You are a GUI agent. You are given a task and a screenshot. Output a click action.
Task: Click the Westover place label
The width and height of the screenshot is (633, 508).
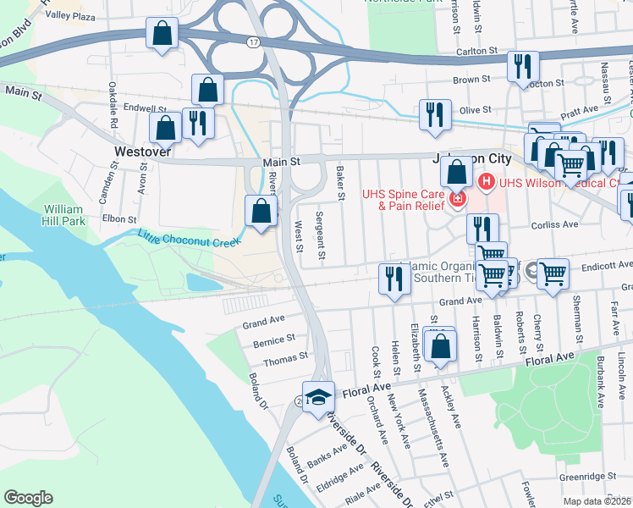[x=142, y=152]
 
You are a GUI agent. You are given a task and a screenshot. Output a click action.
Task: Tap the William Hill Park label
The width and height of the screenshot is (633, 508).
[x=64, y=214]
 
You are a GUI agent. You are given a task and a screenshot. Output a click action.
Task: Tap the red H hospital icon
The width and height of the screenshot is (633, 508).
[x=487, y=181]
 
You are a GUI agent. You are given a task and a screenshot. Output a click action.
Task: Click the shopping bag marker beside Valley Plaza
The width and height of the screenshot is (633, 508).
[x=162, y=35]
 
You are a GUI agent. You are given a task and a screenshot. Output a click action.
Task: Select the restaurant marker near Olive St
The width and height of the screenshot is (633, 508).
[x=436, y=114]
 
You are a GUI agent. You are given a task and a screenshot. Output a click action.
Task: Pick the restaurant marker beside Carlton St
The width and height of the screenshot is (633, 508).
[x=523, y=67]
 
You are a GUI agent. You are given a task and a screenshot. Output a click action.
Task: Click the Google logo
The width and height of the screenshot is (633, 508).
[x=28, y=498]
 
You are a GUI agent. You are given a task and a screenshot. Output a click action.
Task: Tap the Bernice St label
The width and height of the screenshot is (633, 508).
[x=274, y=340]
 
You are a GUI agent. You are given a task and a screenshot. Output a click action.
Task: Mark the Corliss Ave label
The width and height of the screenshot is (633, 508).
[x=554, y=225]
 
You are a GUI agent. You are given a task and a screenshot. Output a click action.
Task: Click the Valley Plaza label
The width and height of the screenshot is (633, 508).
[x=70, y=15]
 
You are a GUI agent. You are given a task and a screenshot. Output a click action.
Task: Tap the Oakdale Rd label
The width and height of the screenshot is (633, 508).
[x=113, y=104]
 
